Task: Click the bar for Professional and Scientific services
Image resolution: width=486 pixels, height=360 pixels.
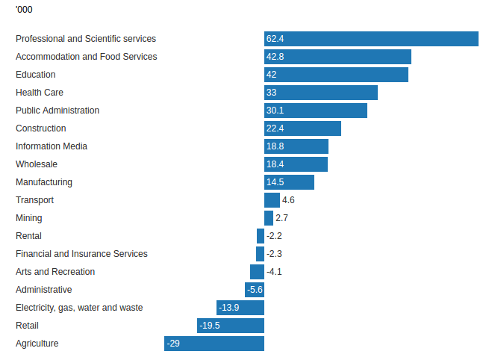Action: (x=371, y=39)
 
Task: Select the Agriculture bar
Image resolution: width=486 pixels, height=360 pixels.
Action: (x=214, y=344)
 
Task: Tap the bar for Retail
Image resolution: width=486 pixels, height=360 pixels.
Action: (x=231, y=326)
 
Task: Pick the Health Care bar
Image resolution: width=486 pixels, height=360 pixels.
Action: (x=321, y=93)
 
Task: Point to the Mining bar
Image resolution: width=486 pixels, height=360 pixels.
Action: (x=269, y=218)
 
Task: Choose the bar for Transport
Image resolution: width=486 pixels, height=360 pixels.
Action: (x=272, y=200)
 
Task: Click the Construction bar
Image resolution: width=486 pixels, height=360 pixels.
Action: (x=302, y=128)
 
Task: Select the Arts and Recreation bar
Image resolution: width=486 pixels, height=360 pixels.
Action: (x=257, y=272)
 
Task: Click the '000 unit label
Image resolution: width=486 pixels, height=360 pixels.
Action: (x=24, y=10)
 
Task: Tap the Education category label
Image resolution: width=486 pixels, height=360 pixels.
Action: (x=36, y=75)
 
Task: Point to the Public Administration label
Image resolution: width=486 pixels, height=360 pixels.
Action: (x=57, y=111)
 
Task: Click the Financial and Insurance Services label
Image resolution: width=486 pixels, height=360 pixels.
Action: (x=81, y=254)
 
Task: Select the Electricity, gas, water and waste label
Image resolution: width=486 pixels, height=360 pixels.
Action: (x=79, y=308)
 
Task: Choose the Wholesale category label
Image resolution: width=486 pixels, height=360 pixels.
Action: (x=37, y=164)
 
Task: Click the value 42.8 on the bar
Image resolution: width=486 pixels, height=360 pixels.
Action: (x=275, y=57)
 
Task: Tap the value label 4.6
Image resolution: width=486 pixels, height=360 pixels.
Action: (x=289, y=200)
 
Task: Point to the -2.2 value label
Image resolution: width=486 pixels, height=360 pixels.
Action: (x=274, y=236)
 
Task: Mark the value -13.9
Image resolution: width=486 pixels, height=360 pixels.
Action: (x=229, y=308)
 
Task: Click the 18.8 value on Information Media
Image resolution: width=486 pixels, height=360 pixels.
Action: (x=275, y=146)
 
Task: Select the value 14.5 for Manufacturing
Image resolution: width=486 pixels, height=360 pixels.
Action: (x=275, y=182)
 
